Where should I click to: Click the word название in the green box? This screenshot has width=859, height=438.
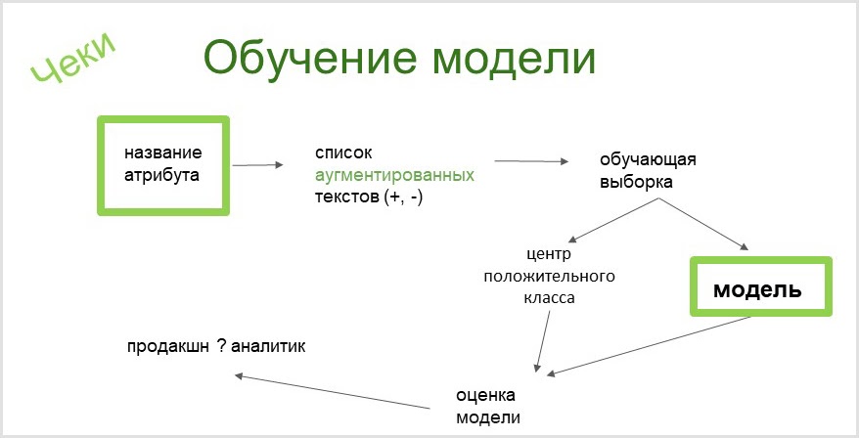pos(163,153)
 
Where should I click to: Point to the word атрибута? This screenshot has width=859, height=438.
pos(161,176)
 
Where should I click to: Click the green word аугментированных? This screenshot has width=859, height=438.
pos(394,176)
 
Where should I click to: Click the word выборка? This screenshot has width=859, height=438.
pos(636,181)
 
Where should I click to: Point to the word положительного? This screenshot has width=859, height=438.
pos(549,276)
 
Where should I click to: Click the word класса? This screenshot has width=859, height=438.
pos(549,297)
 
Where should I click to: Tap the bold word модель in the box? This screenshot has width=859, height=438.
pos(757,290)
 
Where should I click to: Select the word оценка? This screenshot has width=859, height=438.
pos(485,395)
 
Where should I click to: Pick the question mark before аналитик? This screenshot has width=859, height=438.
pos(223,346)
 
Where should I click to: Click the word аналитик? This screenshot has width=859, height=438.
pos(270,346)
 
